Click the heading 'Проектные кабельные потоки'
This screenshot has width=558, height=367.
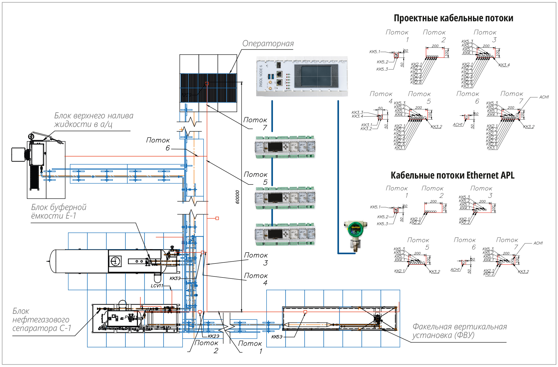453,18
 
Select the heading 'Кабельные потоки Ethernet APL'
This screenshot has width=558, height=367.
452,175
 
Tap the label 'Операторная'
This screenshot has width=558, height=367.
268,44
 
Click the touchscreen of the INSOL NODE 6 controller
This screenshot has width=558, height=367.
316,76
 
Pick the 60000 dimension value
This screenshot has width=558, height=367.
237,197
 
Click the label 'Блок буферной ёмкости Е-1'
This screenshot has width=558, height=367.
59,211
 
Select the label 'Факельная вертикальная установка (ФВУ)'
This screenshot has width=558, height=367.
459,331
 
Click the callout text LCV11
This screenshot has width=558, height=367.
157,286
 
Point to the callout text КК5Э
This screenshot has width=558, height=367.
277,337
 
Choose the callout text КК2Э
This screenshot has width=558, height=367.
213,336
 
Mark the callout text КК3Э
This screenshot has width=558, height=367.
175,278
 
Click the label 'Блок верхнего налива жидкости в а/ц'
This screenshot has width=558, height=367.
94,120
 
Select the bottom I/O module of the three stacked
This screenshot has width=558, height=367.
285,234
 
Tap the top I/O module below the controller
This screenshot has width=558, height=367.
285,147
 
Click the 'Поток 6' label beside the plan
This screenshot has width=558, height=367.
158,144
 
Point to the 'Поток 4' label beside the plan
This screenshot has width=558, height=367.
256,279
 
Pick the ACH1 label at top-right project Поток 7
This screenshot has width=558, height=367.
544,97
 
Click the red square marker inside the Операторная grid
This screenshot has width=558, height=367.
207,84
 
